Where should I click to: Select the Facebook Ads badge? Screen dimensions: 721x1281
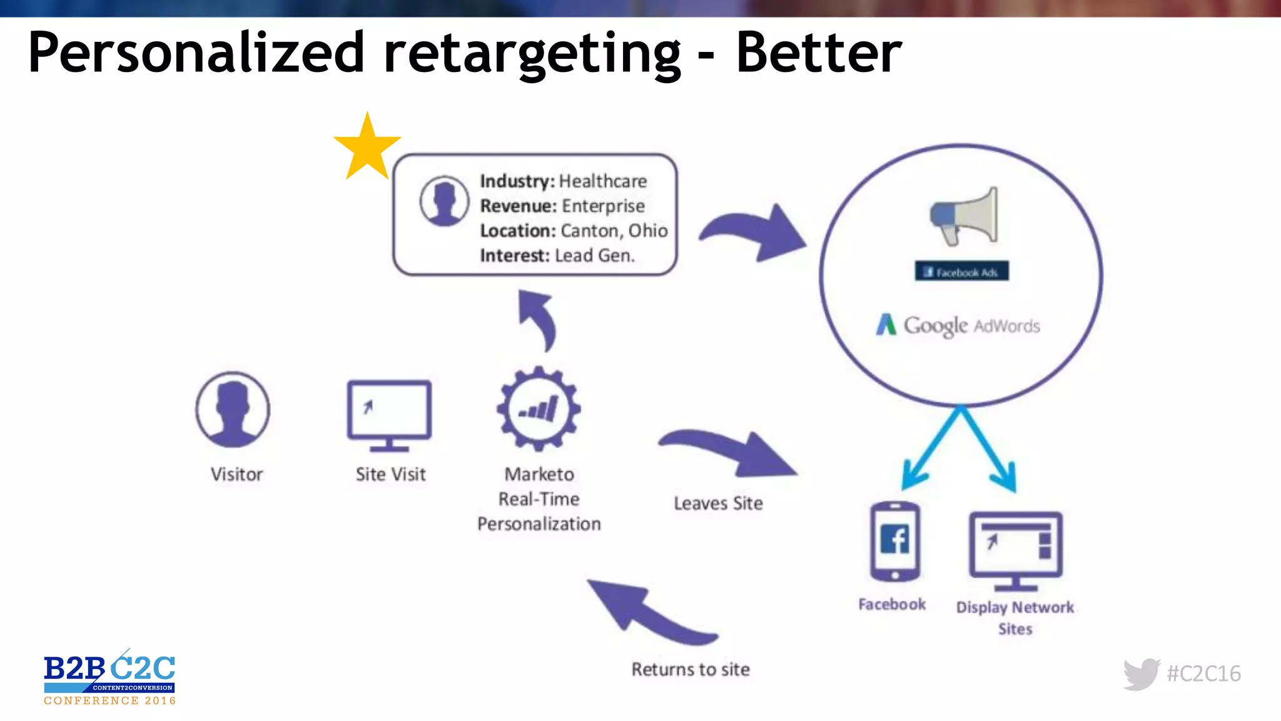[x=962, y=272]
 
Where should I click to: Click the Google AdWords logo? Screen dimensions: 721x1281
[x=958, y=325]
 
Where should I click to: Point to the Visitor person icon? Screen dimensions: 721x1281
[x=233, y=409]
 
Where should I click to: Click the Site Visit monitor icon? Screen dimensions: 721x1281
[x=389, y=415]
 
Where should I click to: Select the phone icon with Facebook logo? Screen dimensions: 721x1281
[x=895, y=541]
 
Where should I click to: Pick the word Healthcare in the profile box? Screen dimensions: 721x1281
[x=603, y=182]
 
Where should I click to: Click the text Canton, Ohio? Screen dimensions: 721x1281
[x=614, y=231]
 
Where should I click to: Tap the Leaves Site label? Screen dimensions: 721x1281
[x=718, y=503]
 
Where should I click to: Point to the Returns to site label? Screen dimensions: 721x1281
[x=691, y=670]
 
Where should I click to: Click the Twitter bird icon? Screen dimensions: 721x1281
[x=1142, y=674]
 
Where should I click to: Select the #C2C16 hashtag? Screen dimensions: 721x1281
[x=1203, y=674]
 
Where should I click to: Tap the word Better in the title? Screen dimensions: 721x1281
[x=819, y=53]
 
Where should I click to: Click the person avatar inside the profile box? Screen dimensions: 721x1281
[x=444, y=200]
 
